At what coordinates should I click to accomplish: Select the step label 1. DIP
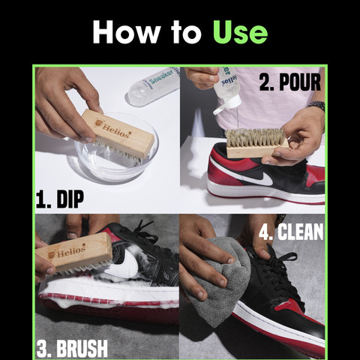(60, 199)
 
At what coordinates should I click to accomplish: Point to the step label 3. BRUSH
(72, 348)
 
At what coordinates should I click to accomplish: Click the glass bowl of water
(116, 157)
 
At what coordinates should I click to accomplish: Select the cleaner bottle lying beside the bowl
(154, 85)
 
